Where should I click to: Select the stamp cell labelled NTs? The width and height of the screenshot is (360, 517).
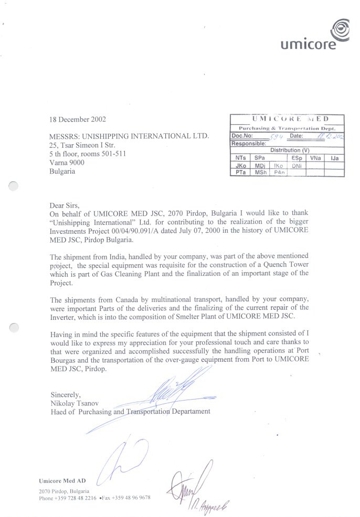(x=240, y=158)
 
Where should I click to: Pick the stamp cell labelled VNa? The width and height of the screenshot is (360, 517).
(x=315, y=158)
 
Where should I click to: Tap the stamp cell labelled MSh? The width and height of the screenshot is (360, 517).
(x=260, y=173)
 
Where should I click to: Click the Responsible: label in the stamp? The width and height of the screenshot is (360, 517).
(x=249, y=143)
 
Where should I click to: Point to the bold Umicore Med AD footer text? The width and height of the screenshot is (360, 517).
(x=62, y=480)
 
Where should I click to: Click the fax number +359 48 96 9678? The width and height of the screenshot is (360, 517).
(x=130, y=498)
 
